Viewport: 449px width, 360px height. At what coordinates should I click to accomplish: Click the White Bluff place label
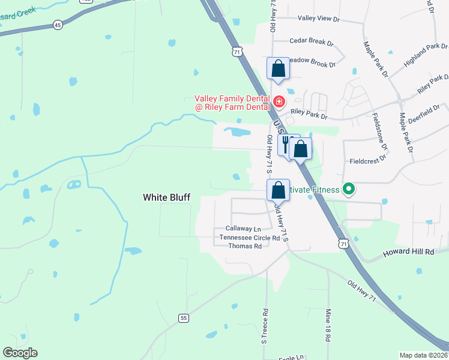(167, 197)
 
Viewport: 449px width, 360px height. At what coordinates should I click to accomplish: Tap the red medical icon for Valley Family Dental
(279, 102)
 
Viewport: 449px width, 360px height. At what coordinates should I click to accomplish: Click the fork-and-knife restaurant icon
(286, 145)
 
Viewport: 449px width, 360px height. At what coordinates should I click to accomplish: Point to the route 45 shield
(58, 25)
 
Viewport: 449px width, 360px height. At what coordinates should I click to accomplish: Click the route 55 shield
(184, 318)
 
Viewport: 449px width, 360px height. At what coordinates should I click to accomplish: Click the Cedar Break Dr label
(311, 41)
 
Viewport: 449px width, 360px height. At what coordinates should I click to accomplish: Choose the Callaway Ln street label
(243, 229)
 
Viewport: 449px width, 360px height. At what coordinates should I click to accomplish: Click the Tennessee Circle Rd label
(250, 238)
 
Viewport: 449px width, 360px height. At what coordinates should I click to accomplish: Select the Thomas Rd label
(245, 246)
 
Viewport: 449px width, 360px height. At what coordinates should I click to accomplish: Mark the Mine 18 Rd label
(328, 325)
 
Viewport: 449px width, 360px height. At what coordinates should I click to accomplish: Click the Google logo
(20, 353)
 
